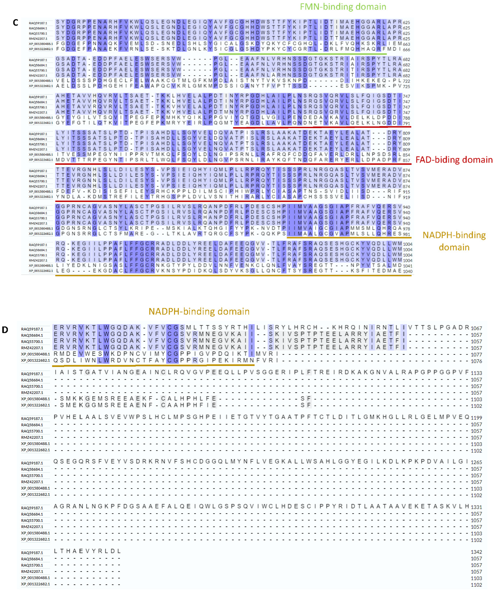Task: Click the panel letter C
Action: (x=15, y=23)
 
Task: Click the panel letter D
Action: (x=5, y=330)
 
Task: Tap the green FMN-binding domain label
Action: (x=343, y=7)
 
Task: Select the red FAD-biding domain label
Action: (x=454, y=160)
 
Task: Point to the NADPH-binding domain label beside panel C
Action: (x=454, y=241)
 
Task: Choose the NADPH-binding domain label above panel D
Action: (x=199, y=311)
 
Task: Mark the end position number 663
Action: (x=406, y=44)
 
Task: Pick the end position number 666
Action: (x=406, y=49)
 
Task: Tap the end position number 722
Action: (x=406, y=81)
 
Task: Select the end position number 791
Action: (x=406, y=123)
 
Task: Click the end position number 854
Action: (x=406, y=155)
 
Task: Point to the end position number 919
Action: (x=406, y=197)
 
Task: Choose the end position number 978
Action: (x=406, y=229)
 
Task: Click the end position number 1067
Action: (x=476, y=328)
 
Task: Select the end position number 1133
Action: (x=476, y=373)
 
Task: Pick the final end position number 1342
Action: (x=476, y=552)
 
